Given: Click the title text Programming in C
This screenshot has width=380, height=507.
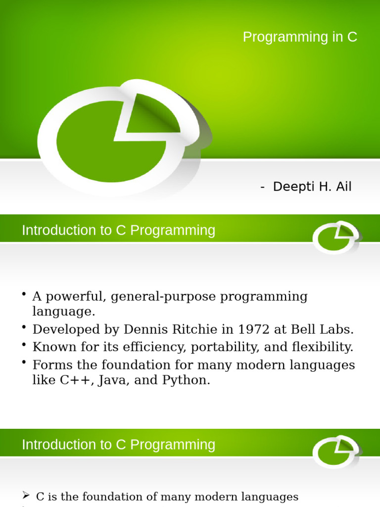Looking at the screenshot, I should click(x=300, y=37).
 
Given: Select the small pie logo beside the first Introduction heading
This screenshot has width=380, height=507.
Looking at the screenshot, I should click(x=335, y=237).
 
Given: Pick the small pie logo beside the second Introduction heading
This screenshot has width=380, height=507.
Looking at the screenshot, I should click(x=335, y=452).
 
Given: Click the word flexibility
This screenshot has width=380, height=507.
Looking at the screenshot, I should click(x=320, y=347).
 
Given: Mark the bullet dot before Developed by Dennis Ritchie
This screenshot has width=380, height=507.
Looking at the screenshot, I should click(x=24, y=328).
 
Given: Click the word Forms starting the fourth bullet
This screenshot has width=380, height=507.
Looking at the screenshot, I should click(x=49, y=365).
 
